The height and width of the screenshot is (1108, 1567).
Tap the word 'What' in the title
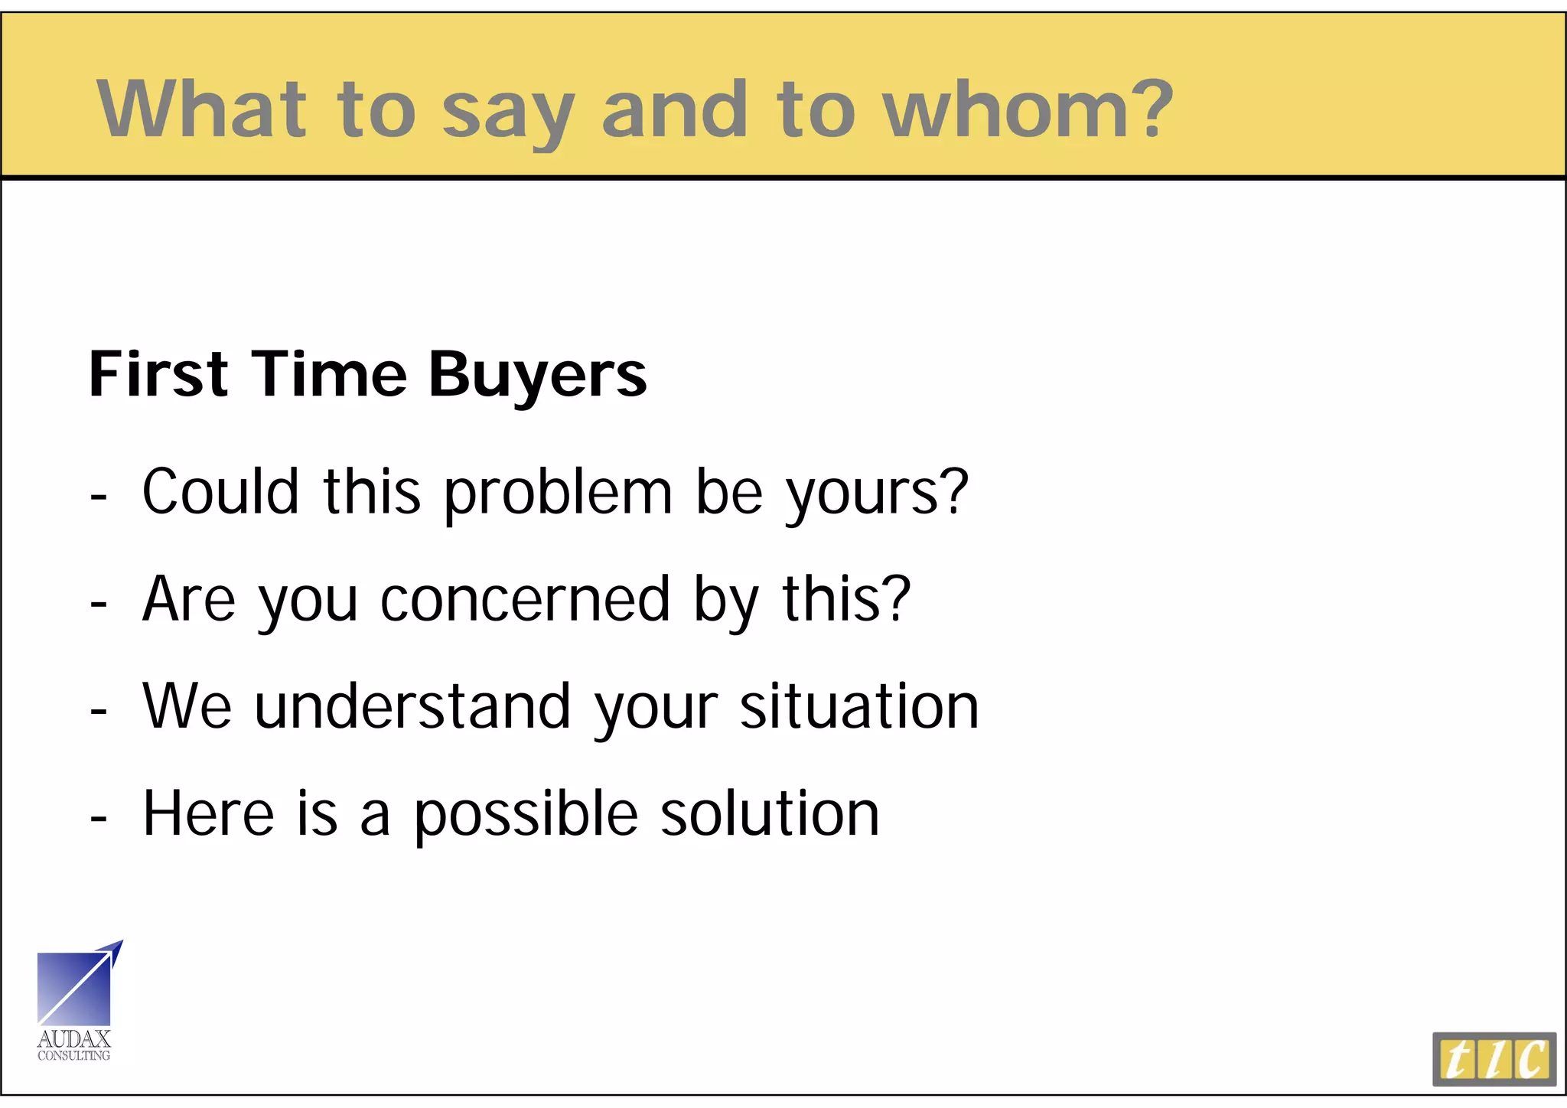[x=201, y=109]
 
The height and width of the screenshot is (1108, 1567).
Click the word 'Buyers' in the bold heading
[x=537, y=375]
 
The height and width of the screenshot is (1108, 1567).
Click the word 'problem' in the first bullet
[x=558, y=494]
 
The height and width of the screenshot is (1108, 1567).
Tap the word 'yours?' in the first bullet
[x=877, y=494]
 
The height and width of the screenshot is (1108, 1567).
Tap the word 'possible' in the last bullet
[x=526, y=816]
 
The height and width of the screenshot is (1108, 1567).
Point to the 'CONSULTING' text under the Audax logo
[x=74, y=1056]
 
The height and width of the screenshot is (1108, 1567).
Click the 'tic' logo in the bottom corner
[x=1494, y=1059]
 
